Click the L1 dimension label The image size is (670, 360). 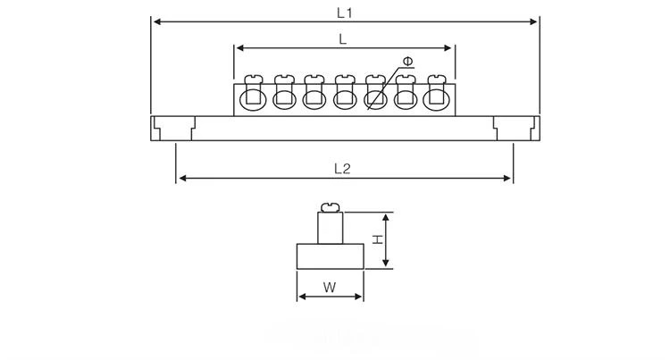click(344, 13)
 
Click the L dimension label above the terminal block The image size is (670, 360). click(342, 39)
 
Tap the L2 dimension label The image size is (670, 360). click(342, 169)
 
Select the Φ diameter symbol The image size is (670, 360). click(408, 62)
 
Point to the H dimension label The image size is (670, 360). click(377, 239)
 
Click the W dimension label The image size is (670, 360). click(330, 287)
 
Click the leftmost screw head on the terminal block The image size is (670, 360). click(254, 79)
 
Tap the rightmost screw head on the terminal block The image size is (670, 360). click(437, 79)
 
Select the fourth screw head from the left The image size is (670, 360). click(345, 79)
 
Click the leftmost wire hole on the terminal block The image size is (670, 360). click(253, 99)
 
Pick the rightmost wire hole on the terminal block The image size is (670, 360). click(436, 99)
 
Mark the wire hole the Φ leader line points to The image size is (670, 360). click(375, 99)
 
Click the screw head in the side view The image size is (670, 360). click(331, 208)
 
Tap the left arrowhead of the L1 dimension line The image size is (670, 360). click(156, 21)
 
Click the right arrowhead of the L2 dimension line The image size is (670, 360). click(507, 178)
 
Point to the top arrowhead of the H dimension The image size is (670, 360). click(386, 216)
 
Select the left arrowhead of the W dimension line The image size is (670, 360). click(302, 297)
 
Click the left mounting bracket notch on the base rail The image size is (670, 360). click(174, 128)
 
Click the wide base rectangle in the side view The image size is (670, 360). click(331, 256)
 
